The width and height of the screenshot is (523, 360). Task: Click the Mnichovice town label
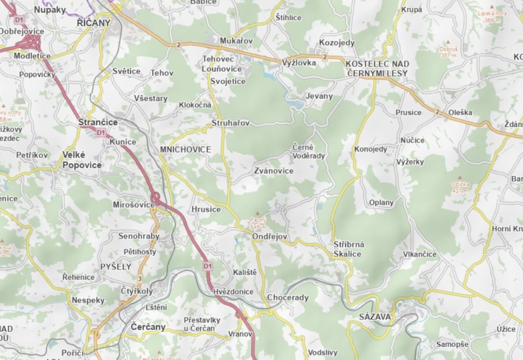point(185,150)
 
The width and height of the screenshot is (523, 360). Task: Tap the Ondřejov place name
point(270,236)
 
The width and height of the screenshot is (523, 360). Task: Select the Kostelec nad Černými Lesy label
point(377,69)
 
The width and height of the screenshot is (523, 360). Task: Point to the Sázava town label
point(375,317)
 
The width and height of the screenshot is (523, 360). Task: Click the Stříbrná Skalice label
point(349,249)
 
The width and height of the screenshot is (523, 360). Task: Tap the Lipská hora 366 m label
point(492,17)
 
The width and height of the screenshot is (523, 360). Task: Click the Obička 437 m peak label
point(460,187)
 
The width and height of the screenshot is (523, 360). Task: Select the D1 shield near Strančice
point(100,132)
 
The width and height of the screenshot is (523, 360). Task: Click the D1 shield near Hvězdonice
point(207,266)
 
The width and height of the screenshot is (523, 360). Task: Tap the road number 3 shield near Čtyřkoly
point(140,279)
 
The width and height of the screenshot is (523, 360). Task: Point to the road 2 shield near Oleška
point(437,112)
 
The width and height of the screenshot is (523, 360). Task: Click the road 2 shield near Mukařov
point(179,45)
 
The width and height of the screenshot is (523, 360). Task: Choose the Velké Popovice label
point(82,160)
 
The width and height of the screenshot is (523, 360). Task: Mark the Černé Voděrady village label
point(309,152)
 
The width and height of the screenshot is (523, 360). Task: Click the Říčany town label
point(94,22)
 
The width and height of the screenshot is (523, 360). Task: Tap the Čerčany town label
point(148,327)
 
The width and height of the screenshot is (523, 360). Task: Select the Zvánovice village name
point(274,171)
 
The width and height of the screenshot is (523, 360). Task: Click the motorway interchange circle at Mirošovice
point(156,198)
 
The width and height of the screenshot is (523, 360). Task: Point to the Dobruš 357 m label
point(448,51)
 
